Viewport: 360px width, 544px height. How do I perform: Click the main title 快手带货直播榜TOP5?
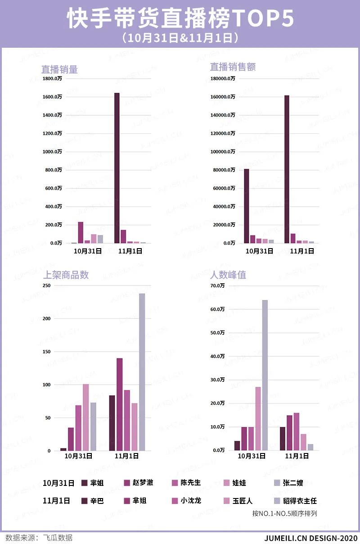[x=180, y=19]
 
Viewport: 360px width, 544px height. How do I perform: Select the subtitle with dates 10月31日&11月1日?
[x=180, y=38]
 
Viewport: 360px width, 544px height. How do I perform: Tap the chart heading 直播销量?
[x=59, y=69]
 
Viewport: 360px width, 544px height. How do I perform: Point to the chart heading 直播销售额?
[x=233, y=67]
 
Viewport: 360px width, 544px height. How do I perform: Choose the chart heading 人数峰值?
[x=228, y=275]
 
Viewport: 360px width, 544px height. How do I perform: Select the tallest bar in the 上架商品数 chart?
[x=142, y=372]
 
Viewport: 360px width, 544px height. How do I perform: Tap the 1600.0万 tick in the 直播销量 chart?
[x=52, y=97]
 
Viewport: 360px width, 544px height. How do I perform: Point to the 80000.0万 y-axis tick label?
[x=223, y=170]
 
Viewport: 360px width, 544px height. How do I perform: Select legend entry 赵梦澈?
[x=143, y=483]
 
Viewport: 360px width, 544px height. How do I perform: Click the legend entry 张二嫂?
[x=293, y=483]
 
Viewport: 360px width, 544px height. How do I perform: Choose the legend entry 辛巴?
[x=97, y=501]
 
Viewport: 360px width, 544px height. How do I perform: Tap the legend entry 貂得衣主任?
[x=300, y=501]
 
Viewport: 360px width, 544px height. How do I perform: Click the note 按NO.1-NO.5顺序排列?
[x=284, y=513]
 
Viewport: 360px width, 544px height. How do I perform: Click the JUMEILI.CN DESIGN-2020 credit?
[x=310, y=538]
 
